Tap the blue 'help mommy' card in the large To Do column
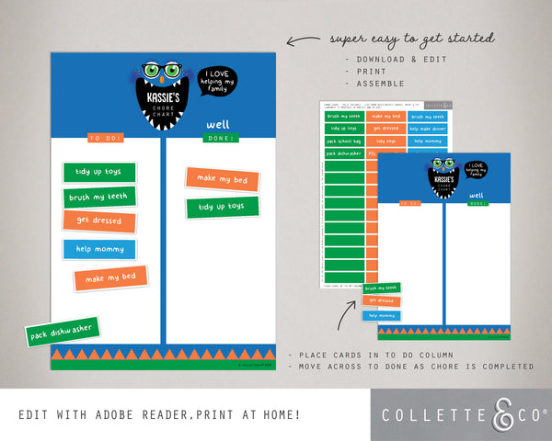click(99, 249)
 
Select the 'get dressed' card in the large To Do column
click(99, 221)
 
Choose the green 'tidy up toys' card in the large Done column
click(222, 207)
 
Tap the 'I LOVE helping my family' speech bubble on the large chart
click(217, 81)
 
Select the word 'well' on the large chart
click(217, 123)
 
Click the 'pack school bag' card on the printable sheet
click(342, 141)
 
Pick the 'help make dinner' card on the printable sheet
click(428, 129)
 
